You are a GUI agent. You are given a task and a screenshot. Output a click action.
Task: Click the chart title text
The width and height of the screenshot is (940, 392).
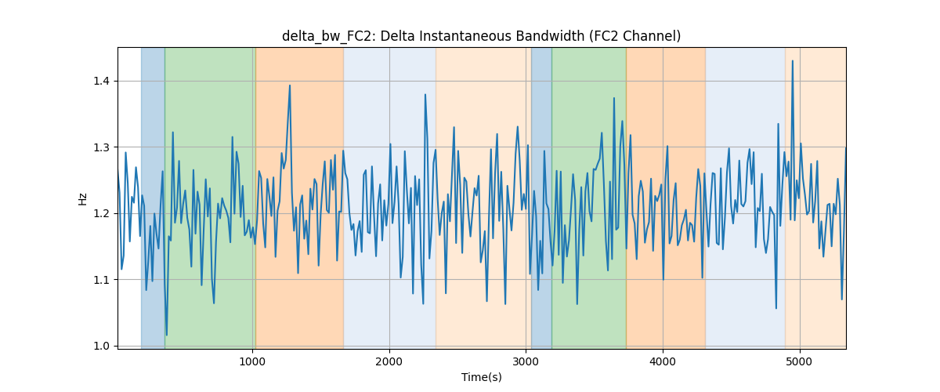(481, 37)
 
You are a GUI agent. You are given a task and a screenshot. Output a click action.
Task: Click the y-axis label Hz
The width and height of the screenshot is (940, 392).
(83, 199)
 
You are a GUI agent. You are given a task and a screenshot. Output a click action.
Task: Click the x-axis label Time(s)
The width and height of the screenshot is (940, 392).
(481, 377)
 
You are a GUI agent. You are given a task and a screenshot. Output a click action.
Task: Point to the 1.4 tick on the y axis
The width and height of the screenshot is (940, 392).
(101, 81)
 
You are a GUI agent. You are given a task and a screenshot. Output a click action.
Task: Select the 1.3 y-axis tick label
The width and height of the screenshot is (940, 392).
(101, 147)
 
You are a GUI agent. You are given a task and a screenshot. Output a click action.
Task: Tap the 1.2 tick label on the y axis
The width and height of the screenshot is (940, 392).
(101, 213)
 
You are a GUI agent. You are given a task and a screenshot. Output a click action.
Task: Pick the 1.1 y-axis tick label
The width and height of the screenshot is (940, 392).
(101, 280)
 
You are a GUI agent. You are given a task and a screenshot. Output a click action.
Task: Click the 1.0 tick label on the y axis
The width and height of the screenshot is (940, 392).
(101, 347)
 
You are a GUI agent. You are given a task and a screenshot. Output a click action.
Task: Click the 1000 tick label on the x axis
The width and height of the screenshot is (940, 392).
(252, 361)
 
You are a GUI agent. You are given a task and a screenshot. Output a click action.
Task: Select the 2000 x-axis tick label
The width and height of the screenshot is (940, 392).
(389, 361)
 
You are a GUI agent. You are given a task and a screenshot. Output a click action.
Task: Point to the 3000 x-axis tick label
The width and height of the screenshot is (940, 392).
(526, 361)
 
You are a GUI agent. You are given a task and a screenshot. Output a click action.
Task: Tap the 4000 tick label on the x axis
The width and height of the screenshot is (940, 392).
(663, 361)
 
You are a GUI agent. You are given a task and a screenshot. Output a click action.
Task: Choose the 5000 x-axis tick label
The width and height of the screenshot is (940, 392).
(800, 361)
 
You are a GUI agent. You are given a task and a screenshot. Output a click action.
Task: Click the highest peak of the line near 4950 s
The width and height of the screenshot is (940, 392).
(792, 61)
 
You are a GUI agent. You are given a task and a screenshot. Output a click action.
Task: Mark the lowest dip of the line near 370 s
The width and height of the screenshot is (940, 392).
(167, 335)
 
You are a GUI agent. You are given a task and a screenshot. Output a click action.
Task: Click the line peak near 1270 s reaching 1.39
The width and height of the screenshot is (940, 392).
(290, 85)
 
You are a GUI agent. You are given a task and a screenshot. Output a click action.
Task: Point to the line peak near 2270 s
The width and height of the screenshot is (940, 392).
(425, 95)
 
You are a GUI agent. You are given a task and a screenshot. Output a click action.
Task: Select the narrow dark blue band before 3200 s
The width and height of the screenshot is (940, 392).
(541, 198)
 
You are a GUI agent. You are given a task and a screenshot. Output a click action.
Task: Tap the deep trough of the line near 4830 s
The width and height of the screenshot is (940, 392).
(776, 308)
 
